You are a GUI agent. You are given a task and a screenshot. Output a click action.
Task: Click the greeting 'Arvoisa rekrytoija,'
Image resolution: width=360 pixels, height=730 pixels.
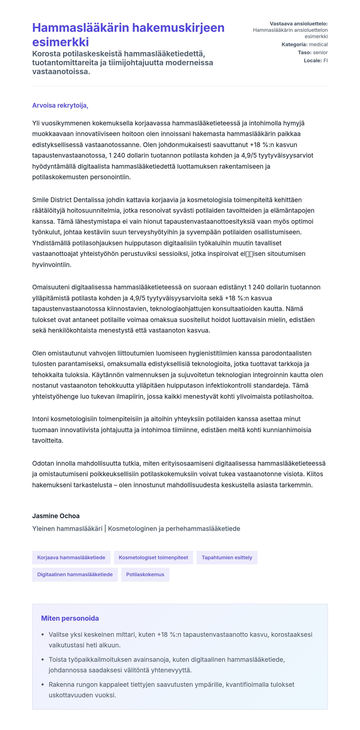(x=60, y=105)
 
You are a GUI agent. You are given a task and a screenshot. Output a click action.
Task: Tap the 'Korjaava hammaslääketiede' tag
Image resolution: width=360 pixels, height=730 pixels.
(x=71, y=557)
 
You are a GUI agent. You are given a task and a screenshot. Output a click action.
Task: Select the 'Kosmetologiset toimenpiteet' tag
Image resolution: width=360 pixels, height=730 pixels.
(x=153, y=557)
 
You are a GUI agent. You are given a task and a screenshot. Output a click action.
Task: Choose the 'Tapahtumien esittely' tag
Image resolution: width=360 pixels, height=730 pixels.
(x=227, y=557)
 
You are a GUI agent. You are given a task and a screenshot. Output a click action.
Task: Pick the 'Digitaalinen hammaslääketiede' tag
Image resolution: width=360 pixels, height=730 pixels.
(x=75, y=575)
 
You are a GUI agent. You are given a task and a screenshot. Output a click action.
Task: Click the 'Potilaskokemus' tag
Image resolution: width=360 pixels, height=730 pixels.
(x=145, y=575)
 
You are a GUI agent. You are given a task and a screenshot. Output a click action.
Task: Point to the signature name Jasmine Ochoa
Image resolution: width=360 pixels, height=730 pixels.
(x=56, y=516)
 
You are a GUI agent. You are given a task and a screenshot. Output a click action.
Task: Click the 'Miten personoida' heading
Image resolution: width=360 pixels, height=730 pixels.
(x=70, y=618)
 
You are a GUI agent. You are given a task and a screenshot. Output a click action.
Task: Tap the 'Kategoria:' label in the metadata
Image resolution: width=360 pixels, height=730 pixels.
(x=294, y=44)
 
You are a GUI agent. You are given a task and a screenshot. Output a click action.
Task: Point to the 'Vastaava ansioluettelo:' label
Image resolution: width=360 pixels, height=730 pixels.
(x=299, y=24)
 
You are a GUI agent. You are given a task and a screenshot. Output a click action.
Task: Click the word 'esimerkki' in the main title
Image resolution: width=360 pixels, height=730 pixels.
(x=60, y=42)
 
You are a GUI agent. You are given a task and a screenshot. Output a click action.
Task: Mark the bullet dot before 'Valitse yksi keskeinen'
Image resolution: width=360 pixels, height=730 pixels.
(x=43, y=635)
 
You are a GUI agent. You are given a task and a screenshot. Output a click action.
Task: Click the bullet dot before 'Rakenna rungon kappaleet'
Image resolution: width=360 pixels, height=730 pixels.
(x=43, y=685)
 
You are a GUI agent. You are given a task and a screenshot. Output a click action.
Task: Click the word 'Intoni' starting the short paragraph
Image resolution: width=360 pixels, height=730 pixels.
(x=40, y=419)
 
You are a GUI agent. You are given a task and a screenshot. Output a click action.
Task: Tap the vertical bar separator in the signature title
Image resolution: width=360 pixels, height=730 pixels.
(x=105, y=529)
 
